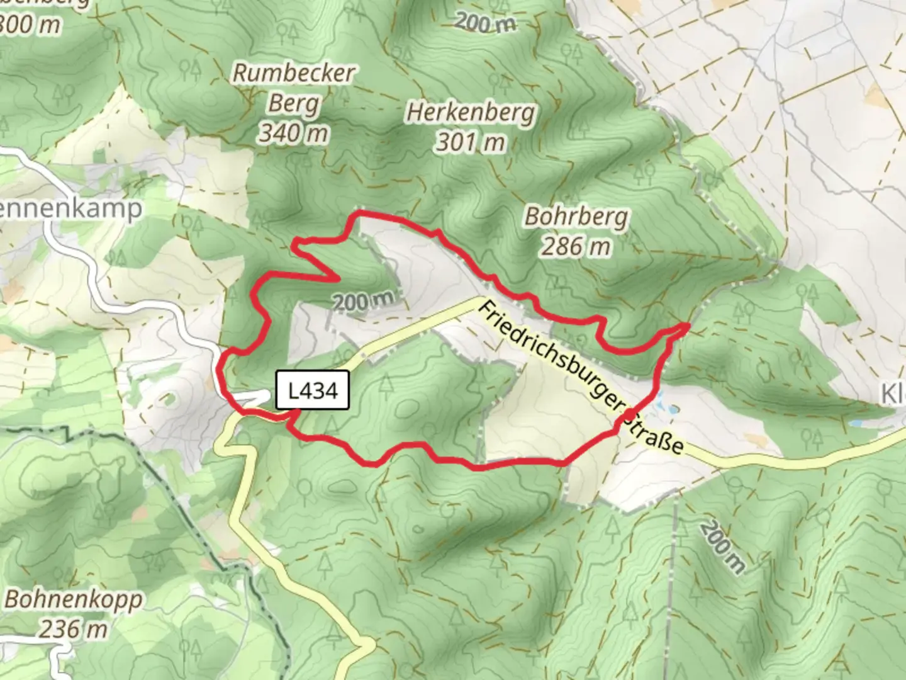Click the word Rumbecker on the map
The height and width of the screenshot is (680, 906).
pyautogui.click(x=294, y=73)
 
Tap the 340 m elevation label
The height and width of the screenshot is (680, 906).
pyautogui.click(x=294, y=133)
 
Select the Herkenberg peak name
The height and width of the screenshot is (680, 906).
pyautogui.click(x=471, y=113)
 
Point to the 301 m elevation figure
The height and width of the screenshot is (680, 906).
pyautogui.click(x=471, y=142)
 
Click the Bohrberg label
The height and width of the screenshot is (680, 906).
pyautogui.click(x=576, y=217)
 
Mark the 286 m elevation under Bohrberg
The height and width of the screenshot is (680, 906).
pyautogui.click(x=576, y=246)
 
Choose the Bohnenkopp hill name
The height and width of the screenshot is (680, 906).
pyautogui.click(x=74, y=599)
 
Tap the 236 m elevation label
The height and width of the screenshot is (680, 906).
pyautogui.click(x=74, y=628)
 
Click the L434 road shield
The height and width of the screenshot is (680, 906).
pyautogui.click(x=313, y=391)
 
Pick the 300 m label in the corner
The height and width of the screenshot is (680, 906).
pyautogui.click(x=30, y=25)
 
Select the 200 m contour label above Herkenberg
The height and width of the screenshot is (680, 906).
pyautogui.click(x=485, y=23)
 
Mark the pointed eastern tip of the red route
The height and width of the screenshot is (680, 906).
pyautogui.click(x=688, y=325)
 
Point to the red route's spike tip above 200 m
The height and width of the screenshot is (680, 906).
pyautogui.click(x=338, y=278)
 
